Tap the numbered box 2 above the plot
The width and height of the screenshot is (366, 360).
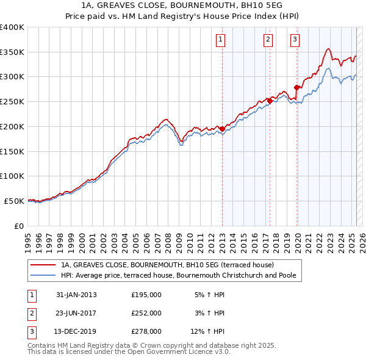[x=268, y=40]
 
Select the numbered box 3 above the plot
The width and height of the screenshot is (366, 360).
[x=295, y=40]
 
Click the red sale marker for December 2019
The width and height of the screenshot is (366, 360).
[x=297, y=87]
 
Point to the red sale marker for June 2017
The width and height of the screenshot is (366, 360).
[x=270, y=101]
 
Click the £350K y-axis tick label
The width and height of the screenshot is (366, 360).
[x=12, y=52]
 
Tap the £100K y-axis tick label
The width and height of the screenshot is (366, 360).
[x=12, y=176]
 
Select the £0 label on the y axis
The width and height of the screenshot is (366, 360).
[x=18, y=226]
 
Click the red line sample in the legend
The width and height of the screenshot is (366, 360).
[x=43, y=265]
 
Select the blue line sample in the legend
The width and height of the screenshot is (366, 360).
[x=43, y=275]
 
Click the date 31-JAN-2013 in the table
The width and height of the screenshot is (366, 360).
[x=76, y=294]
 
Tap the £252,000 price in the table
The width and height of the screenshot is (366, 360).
[x=146, y=313]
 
